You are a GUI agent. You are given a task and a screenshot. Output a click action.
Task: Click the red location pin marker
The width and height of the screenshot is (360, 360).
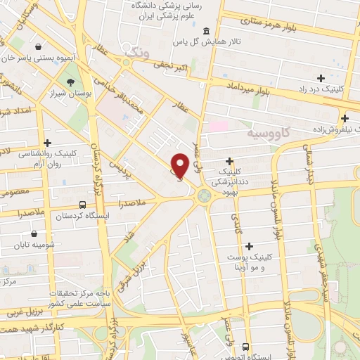pos(180,165)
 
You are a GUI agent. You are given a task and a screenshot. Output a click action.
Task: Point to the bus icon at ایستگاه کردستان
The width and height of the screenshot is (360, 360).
pos(83,205)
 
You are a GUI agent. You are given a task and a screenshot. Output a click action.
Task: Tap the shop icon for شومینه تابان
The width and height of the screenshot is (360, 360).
pos(34,234)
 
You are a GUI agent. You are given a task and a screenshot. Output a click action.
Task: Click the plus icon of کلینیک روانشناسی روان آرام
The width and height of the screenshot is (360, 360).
pos(46,143)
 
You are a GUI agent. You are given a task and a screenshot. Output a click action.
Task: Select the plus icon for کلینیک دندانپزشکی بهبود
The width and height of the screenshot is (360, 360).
pos(230,161)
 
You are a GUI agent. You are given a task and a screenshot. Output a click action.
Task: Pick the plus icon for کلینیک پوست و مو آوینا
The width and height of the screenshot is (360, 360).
pos(249,246)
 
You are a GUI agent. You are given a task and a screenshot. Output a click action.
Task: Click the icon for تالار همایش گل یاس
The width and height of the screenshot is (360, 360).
pos(205,31)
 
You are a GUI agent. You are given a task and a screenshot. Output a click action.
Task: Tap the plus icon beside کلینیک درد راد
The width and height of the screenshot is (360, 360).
pos(321,78)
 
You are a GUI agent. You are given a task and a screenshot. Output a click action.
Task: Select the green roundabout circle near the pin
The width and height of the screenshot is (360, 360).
pos(205,195)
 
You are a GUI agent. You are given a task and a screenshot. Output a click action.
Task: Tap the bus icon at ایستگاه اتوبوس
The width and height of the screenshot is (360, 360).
pos(245,346)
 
